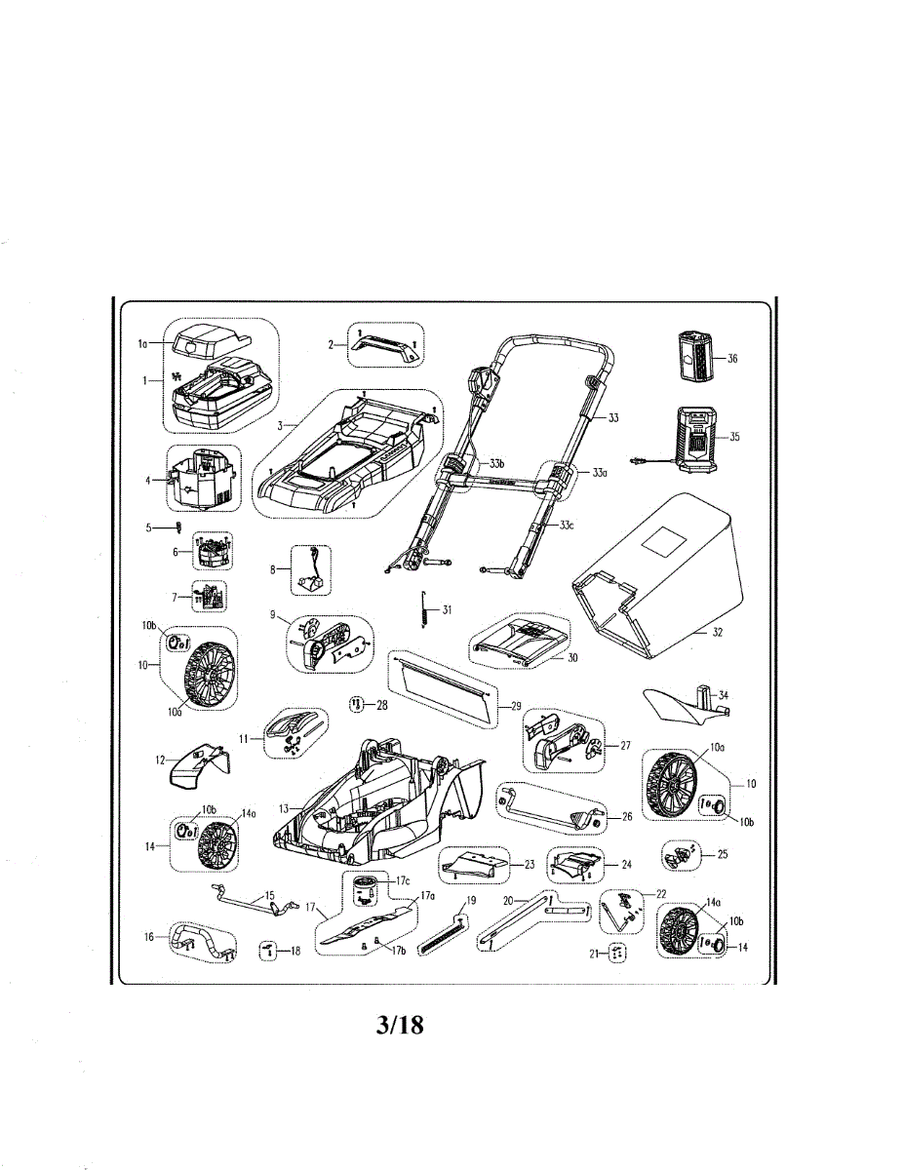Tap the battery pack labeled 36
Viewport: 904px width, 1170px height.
(x=694, y=357)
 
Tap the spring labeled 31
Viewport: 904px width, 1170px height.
(x=425, y=609)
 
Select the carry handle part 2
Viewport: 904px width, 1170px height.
(x=385, y=344)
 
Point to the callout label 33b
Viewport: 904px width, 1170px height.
(x=496, y=463)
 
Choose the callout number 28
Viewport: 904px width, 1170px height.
(x=381, y=704)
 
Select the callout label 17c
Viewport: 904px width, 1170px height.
(x=403, y=880)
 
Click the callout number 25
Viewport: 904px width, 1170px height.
(x=722, y=854)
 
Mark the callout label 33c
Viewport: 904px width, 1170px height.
(x=567, y=525)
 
